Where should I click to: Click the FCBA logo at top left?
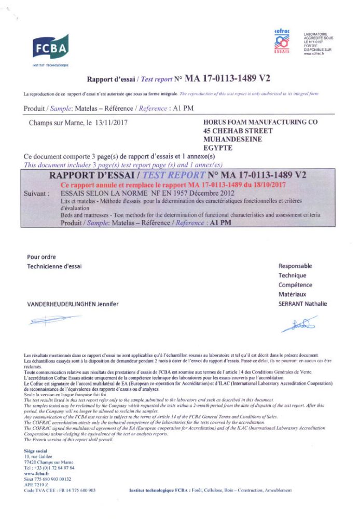50,48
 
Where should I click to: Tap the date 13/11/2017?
111,124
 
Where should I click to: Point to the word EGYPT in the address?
217,148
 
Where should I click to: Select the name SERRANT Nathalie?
302,304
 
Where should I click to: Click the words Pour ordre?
41,257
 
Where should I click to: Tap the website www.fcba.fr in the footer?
37,473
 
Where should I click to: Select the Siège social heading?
36,451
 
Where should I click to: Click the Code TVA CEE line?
60,490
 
